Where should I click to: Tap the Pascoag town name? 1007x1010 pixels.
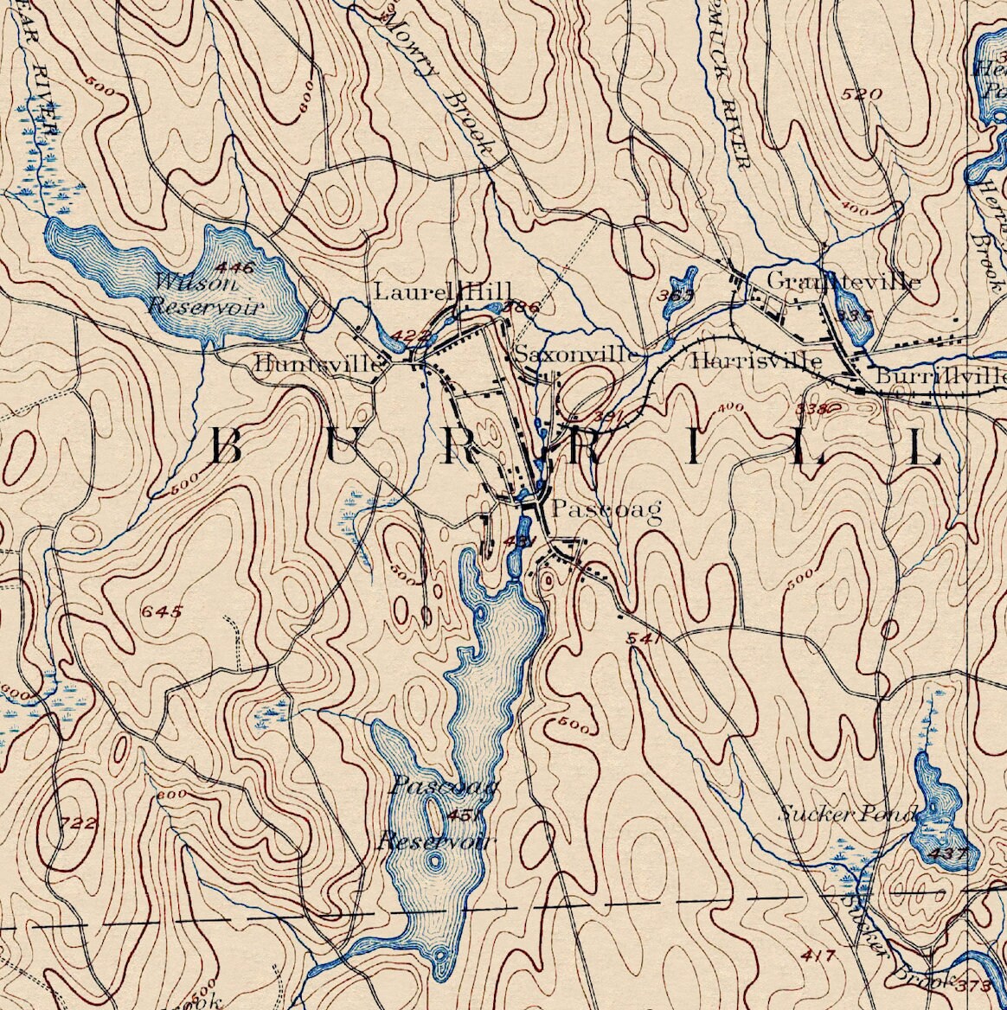click(x=606, y=510)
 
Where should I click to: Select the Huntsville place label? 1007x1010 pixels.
click(x=317, y=365)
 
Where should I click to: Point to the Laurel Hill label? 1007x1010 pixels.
click(x=442, y=291)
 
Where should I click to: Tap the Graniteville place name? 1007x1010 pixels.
click(x=843, y=282)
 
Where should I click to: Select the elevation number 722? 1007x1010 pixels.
click(x=79, y=822)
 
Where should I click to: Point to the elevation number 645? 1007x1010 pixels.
click(x=163, y=612)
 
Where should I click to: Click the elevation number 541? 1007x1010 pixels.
click(x=645, y=639)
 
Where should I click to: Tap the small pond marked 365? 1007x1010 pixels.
click(x=679, y=287)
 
